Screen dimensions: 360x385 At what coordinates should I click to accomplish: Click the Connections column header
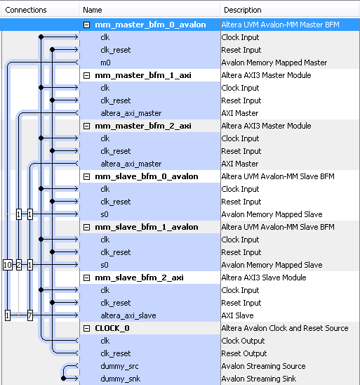click(x=26, y=10)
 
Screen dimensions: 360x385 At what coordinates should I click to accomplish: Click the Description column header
click(x=243, y=10)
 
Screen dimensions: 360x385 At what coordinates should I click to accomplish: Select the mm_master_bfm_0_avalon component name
click(x=150, y=25)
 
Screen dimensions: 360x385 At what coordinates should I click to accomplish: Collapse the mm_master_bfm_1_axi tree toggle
click(x=86, y=75)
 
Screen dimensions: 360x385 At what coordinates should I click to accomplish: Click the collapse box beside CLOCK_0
click(x=86, y=328)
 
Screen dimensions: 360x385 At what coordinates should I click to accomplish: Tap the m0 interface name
click(x=105, y=63)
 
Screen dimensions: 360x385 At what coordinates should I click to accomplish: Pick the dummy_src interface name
click(x=119, y=366)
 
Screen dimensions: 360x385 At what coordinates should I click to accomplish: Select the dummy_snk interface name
click(x=121, y=379)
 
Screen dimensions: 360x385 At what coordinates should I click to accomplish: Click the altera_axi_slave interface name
click(x=128, y=315)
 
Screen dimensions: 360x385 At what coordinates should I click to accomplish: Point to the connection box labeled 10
click(x=8, y=265)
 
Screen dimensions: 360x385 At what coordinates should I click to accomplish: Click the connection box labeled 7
click(x=30, y=315)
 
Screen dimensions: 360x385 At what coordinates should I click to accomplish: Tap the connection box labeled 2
click(x=19, y=265)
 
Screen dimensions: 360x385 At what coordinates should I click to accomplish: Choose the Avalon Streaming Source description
click(x=263, y=366)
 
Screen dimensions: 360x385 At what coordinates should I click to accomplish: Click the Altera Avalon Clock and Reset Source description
click(x=285, y=328)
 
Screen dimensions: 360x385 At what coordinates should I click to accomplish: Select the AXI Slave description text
click(x=237, y=315)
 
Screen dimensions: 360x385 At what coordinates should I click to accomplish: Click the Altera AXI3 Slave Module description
click(x=264, y=278)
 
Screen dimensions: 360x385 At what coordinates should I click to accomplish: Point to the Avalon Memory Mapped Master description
click(x=274, y=63)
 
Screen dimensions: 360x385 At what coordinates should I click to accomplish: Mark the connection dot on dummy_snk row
click(x=64, y=379)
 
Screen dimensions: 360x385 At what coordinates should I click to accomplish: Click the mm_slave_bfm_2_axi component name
click(x=139, y=278)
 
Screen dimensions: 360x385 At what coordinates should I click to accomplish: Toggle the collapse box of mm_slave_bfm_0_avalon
click(x=86, y=176)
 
